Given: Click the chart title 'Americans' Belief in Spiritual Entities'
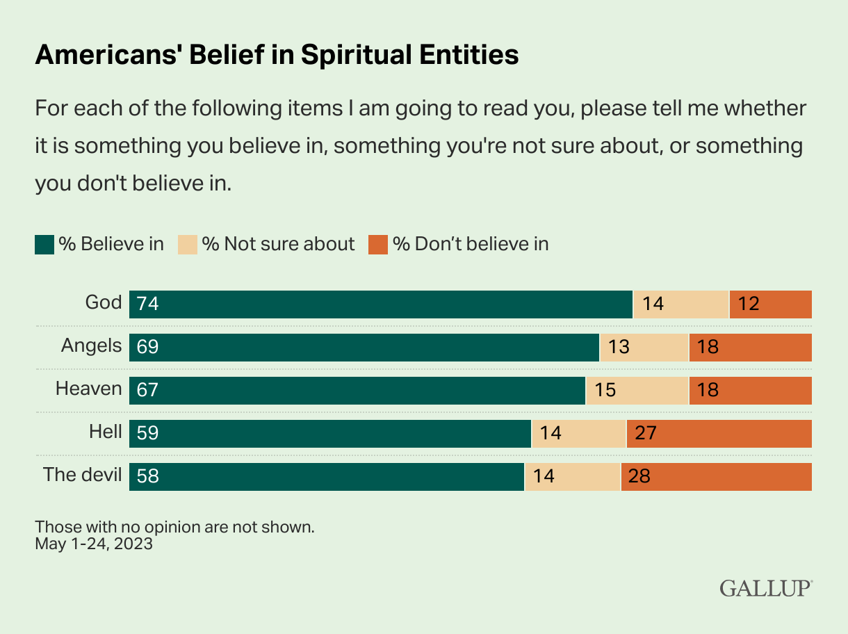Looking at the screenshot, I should [277, 55].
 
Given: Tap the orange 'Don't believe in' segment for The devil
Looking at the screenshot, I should [716, 476].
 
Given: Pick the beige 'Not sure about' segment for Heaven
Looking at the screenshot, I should [637, 390].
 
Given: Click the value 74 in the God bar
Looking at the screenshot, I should [148, 304].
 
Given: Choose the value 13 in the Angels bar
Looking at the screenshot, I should [618, 347].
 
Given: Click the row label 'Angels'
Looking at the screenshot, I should [91, 346].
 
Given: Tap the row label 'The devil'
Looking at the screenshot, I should [82, 475].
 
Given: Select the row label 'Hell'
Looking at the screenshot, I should [105, 432].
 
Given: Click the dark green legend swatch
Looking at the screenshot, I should [44, 245].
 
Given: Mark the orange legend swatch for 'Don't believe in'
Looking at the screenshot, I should [378, 245].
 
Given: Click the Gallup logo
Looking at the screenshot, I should [765, 588].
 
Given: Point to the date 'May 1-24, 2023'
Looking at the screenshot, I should [94, 544].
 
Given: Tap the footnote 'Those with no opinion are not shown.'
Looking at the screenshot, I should [174, 527].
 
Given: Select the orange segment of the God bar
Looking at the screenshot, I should [770, 304].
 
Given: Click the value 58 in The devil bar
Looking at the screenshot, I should [148, 476].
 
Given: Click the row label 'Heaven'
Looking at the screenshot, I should [88, 389].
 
